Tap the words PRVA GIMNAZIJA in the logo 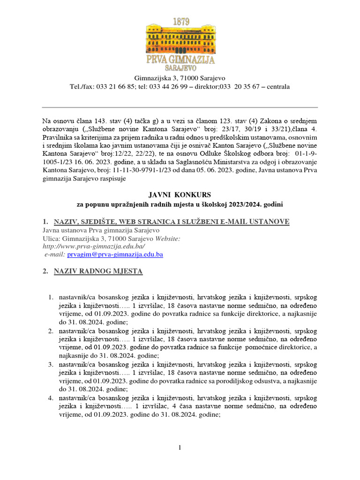point(180,60)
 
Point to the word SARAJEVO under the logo point(180,68)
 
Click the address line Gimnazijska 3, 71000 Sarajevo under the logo point(180,77)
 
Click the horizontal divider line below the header point(180,107)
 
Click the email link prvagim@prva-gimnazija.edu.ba point(115,254)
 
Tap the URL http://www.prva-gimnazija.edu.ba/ point(94,246)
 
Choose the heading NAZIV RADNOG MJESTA point(98,271)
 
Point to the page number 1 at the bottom point(180,448)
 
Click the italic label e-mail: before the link point(55,254)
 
